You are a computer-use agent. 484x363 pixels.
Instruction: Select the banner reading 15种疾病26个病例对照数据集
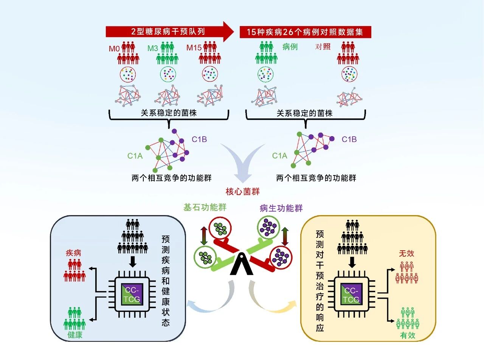point(305,32)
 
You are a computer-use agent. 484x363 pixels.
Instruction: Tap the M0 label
point(114,49)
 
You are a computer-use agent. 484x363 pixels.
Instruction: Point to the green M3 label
point(153,48)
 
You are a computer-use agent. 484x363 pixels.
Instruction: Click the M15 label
point(194,48)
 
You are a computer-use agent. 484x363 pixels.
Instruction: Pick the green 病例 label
point(290,47)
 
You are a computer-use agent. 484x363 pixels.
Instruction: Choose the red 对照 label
point(323,47)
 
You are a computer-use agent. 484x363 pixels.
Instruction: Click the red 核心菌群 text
point(242,191)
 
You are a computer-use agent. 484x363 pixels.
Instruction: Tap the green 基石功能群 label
point(205,207)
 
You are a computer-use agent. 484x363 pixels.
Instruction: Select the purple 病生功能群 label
point(281,208)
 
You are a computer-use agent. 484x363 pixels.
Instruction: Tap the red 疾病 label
point(73,253)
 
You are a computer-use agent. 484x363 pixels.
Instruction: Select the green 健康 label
point(74,335)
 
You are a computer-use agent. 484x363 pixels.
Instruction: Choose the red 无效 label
point(406,253)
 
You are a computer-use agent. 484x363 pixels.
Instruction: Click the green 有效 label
point(408,335)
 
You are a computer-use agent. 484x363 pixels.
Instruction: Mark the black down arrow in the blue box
point(132,261)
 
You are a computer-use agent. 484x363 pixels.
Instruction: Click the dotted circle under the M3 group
point(168,74)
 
